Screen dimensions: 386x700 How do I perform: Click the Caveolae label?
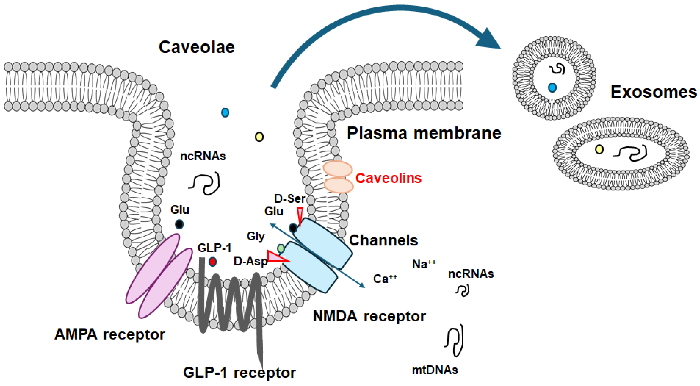(x=196, y=47)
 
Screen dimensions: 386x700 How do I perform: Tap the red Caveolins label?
(x=388, y=178)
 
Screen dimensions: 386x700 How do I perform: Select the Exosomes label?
(x=654, y=92)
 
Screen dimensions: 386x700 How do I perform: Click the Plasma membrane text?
(x=424, y=133)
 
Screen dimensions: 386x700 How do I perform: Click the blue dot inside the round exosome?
(x=552, y=87)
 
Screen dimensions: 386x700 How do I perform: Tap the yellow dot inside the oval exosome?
(x=599, y=149)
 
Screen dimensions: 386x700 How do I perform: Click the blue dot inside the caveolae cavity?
(x=225, y=112)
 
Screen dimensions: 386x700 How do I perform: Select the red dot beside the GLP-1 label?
(x=212, y=262)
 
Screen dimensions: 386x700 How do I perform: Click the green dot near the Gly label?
(x=281, y=248)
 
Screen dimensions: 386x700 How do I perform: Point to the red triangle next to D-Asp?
(x=276, y=257)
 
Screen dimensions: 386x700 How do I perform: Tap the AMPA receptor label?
(x=110, y=335)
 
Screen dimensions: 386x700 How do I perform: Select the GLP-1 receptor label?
(x=239, y=373)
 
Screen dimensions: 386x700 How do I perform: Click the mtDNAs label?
(x=435, y=370)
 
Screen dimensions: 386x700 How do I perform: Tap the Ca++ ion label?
(x=385, y=279)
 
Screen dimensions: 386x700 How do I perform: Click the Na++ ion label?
(x=424, y=264)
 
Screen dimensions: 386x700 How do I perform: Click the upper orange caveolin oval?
(x=338, y=169)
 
